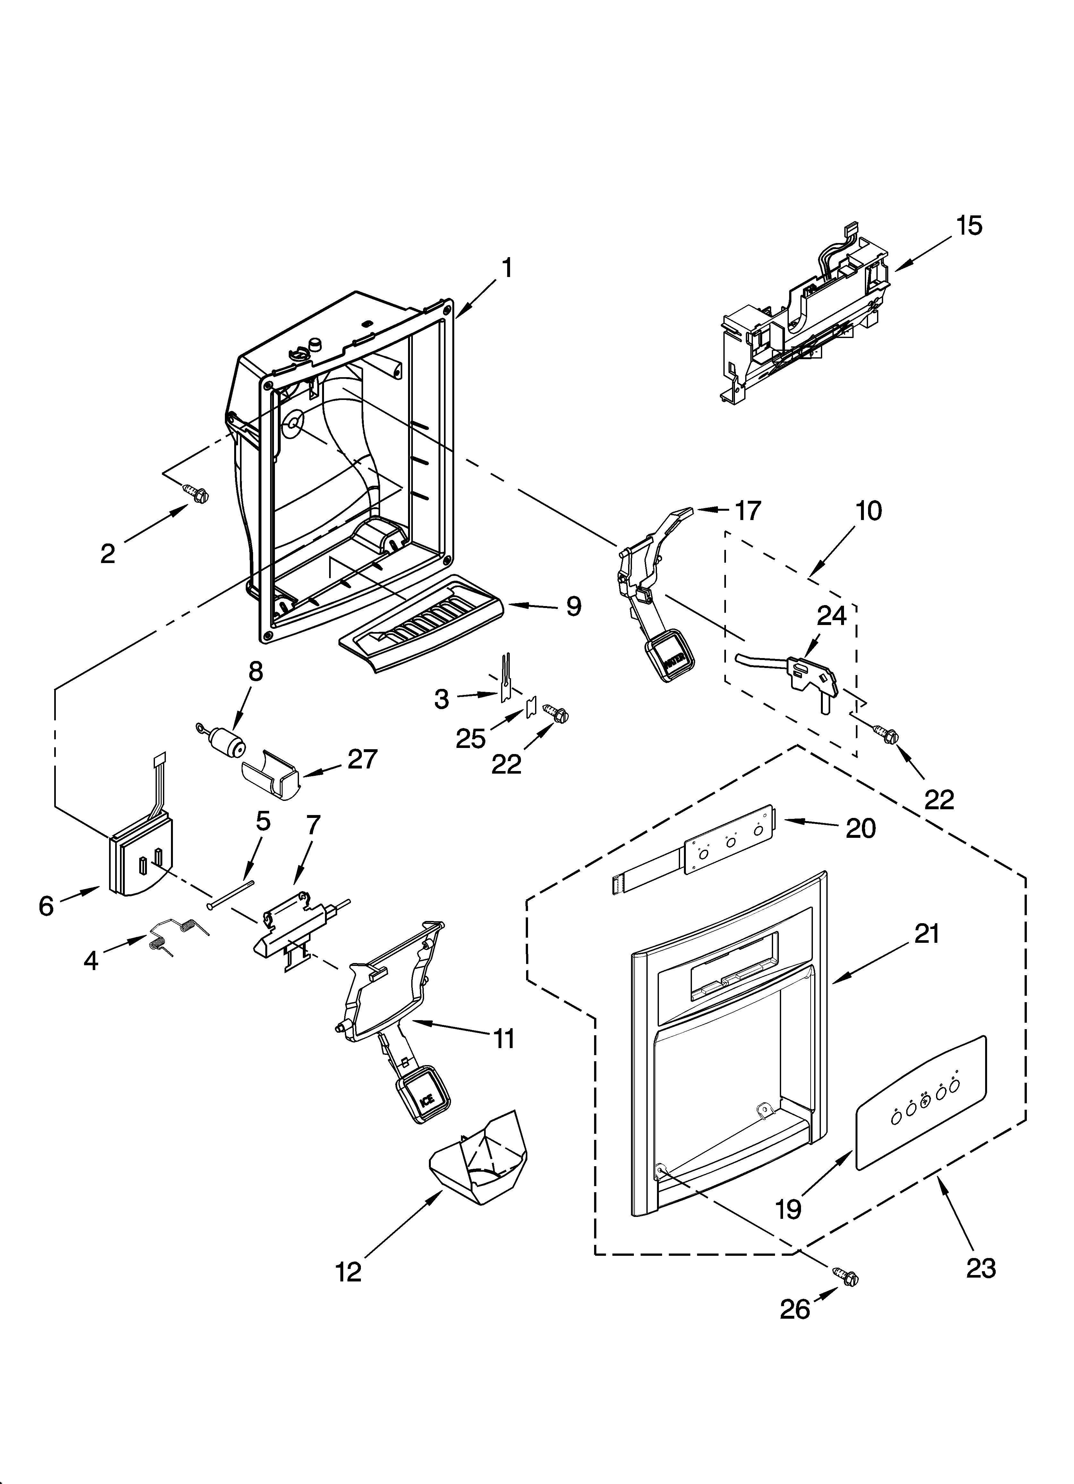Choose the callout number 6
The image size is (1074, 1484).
coord(46,906)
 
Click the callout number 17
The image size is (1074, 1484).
coord(747,510)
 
